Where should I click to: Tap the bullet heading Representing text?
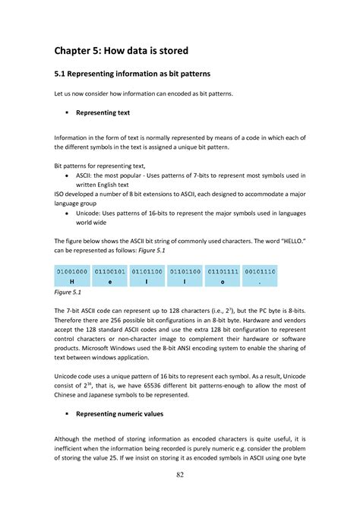click(103, 112)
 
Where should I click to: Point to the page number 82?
click(179, 476)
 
